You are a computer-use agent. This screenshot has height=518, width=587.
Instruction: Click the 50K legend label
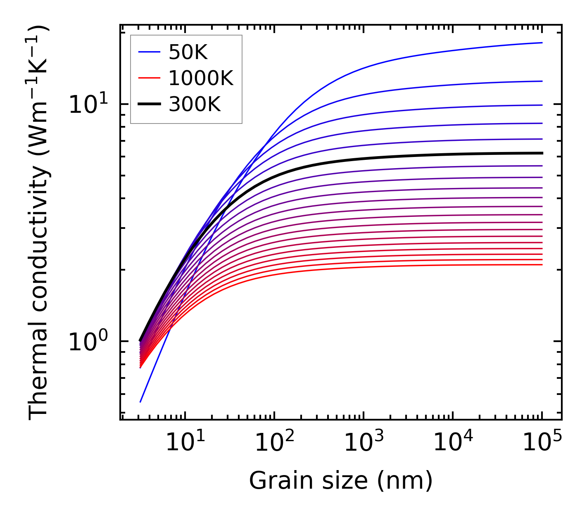(x=188, y=52)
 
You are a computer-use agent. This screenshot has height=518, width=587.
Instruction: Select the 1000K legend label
(x=201, y=78)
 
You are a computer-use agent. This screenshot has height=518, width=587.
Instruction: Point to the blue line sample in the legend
(x=149, y=52)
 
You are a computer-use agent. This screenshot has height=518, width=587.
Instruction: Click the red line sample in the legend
(x=149, y=78)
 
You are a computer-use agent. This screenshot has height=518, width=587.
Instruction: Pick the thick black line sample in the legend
(x=149, y=105)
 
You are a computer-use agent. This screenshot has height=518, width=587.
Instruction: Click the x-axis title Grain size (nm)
(x=341, y=481)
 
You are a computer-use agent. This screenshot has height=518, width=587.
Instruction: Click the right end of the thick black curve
(x=542, y=153)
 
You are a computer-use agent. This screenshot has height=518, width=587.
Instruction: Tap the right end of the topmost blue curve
(x=542, y=43)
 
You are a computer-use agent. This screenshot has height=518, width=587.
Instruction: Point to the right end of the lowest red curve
(x=542, y=264)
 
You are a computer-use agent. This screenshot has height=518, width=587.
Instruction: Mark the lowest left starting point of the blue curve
(x=140, y=402)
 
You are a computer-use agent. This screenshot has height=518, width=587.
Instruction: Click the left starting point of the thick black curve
(x=140, y=341)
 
